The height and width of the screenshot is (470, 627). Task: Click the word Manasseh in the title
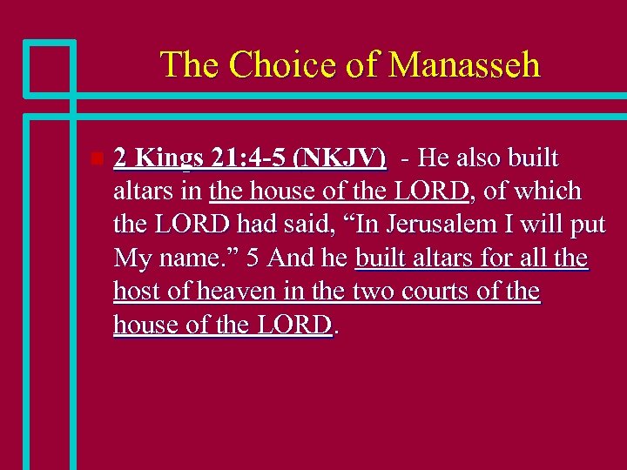(465, 65)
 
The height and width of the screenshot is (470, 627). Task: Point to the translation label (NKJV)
(340, 159)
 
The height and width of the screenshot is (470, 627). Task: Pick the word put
(588, 225)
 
